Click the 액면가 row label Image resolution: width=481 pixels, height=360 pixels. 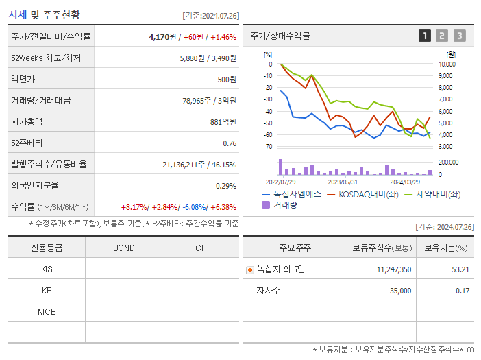[x=25, y=79]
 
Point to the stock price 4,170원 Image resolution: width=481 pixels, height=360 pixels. [x=162, y=36]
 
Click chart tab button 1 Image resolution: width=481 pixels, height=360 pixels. [x=425, y=36]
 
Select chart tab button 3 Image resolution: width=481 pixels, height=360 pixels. [x=459, y=36]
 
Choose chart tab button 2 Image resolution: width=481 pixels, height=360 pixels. [x=442, y=36]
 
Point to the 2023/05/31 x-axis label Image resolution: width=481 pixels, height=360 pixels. [x=343, y=182]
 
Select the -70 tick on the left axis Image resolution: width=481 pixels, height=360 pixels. [x=268, y=147]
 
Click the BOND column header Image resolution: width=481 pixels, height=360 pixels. [x=123, y=248]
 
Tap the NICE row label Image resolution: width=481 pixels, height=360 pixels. [x=47, y=311]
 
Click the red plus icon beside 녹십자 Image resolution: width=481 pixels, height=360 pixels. [x=250, y=269]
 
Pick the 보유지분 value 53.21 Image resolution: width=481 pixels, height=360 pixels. [x=460, y=269]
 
